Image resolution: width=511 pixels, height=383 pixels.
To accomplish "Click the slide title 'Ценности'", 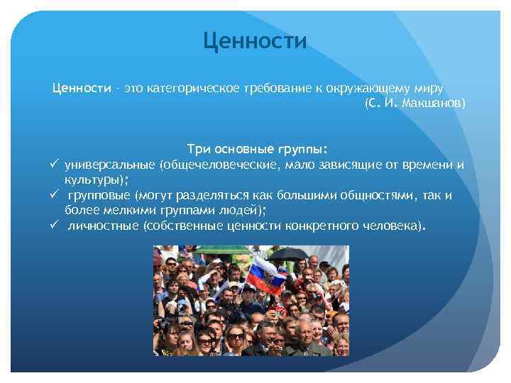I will click(255, 41).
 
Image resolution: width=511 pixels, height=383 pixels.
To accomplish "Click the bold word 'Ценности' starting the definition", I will click(81, 89).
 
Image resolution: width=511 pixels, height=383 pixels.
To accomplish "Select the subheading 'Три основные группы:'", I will click(257, 150).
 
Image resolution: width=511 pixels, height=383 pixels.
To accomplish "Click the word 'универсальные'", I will click(110, 165).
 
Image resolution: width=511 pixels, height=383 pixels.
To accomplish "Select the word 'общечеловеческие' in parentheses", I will click(218, 165).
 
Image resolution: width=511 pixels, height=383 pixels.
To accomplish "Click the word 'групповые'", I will click(99, 195).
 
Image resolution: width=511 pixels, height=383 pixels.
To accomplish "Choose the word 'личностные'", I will click(104, 226).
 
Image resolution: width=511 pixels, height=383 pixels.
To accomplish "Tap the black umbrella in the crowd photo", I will click(288, 253).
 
